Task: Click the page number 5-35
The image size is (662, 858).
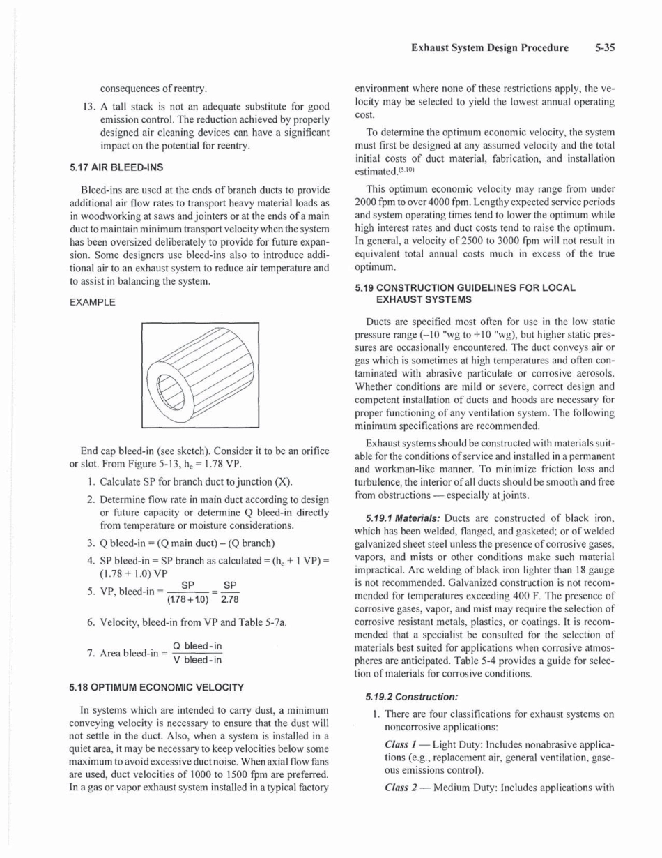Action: (608, 49)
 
